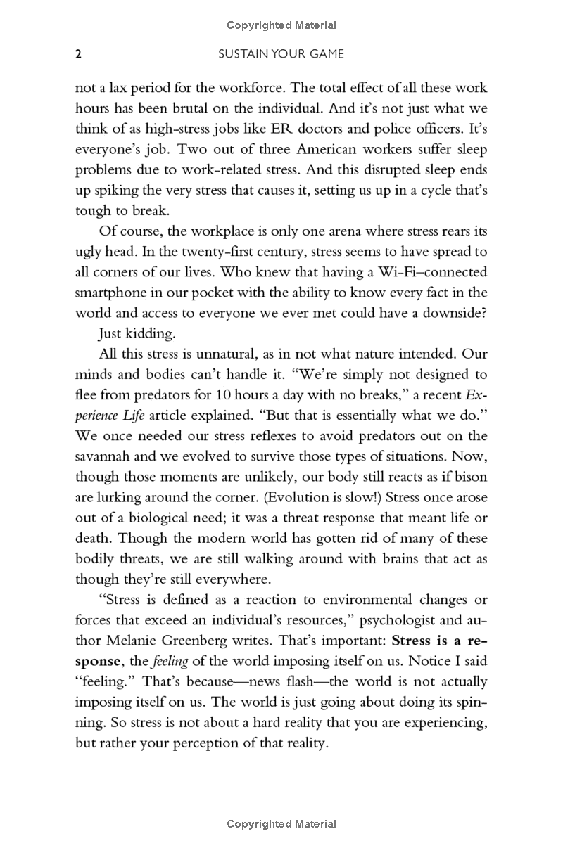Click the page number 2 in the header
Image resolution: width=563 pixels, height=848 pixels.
coord(79,53)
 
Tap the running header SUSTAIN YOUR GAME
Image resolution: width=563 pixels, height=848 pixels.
coord(282,53)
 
